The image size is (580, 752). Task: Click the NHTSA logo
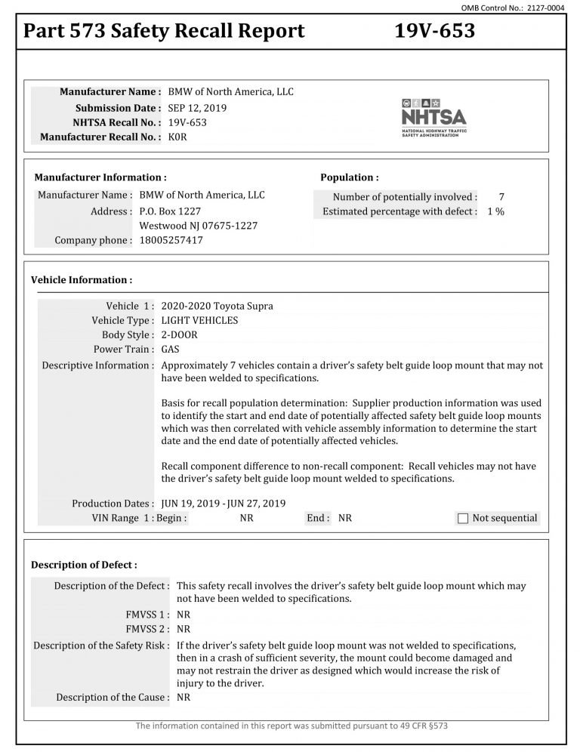click(x=433, y=116)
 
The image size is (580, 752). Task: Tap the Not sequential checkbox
click(x=464, y=518)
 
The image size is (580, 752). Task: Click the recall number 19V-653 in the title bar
click(x=434, y=31)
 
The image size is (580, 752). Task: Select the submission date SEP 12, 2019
click(x=197, y=107)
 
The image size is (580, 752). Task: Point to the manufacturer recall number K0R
click(x=177, y=137)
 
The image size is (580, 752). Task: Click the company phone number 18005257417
click(x=171, y=240)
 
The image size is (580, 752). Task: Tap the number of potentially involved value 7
click(x=501, y=196)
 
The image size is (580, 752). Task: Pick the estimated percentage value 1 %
click(x=495, y=211)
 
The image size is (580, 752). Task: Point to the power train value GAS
click(x=171, y=350)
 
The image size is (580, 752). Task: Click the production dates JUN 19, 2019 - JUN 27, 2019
click(x=224, y=503)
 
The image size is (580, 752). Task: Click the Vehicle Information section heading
click(x=82, y=280)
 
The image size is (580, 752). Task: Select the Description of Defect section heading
click(x=84, y=565)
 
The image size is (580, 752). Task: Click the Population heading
click(x=350, y=177)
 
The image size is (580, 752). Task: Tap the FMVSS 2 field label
click(x=147, y=628)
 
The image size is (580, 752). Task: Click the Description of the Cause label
click(x=113, y=697)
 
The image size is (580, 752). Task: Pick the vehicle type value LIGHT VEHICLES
click(x=200, y=320)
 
